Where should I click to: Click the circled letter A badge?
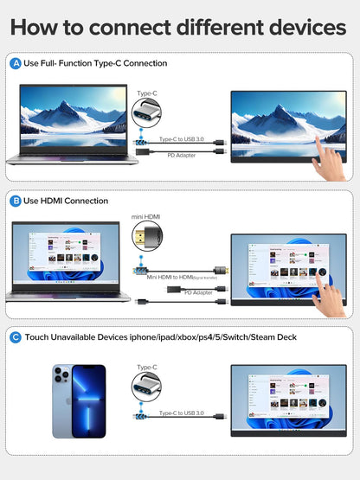[15, 63]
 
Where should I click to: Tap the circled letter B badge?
[15, 201]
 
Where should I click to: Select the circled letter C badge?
[15, 336]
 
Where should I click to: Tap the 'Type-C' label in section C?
[147, 367]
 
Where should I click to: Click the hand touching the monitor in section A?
[329, 159]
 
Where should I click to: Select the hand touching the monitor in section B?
[330, 298]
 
